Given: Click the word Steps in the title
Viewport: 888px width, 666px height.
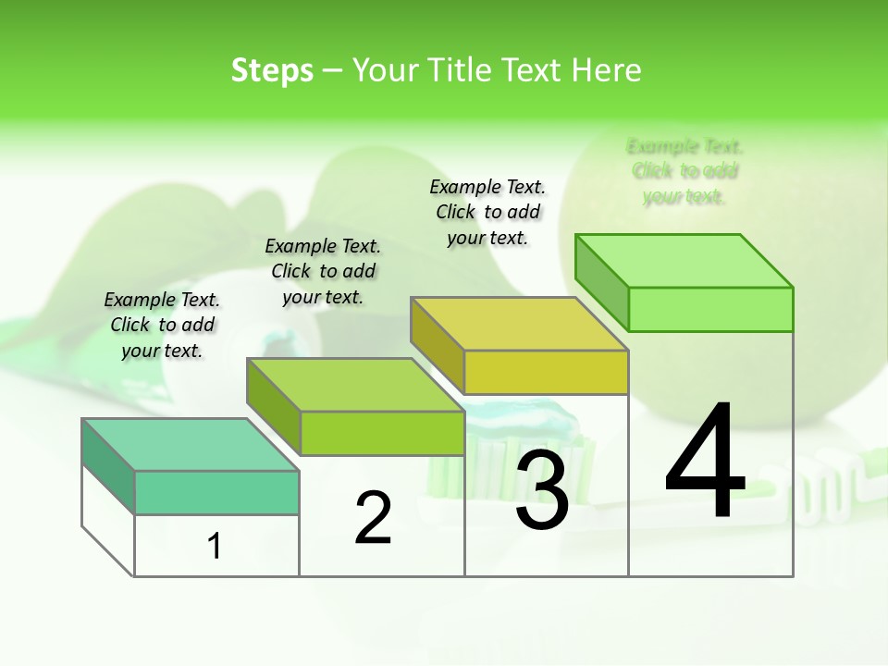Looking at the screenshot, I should (272, 70).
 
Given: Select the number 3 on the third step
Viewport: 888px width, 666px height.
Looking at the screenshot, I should (542, 490).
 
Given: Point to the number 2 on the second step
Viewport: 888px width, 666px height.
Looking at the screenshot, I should (374, 518).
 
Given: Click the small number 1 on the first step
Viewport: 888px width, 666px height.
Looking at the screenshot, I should (215, 547).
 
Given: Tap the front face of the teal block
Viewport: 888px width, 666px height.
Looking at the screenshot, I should (216, 492).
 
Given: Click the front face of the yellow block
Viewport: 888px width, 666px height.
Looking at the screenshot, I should (546, 372).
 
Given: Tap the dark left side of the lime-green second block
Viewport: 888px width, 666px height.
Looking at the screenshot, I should (274, 407).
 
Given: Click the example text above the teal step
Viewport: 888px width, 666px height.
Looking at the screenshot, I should (162, 325).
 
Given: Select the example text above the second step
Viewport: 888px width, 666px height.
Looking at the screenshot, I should (323, 271).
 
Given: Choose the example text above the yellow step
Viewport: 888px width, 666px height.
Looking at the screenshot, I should (487, 212).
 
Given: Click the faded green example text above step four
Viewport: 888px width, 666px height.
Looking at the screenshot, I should (684, 171).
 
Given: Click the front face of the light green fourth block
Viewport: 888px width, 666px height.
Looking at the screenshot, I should (710, 309).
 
